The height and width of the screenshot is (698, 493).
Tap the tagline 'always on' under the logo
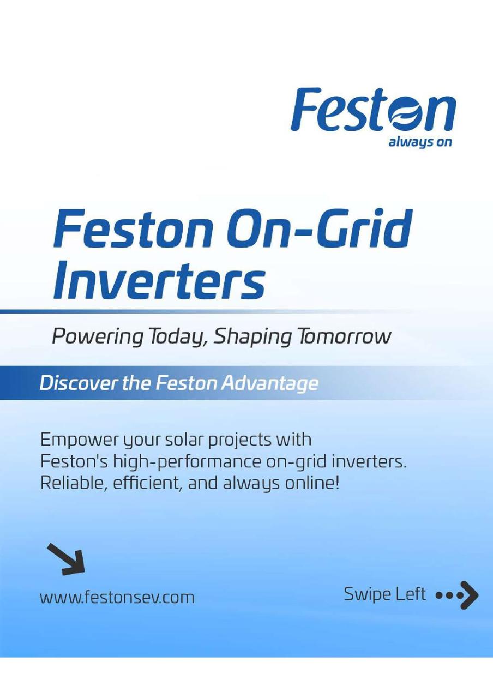(420, 143)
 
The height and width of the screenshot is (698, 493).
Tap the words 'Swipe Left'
(384, 595)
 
